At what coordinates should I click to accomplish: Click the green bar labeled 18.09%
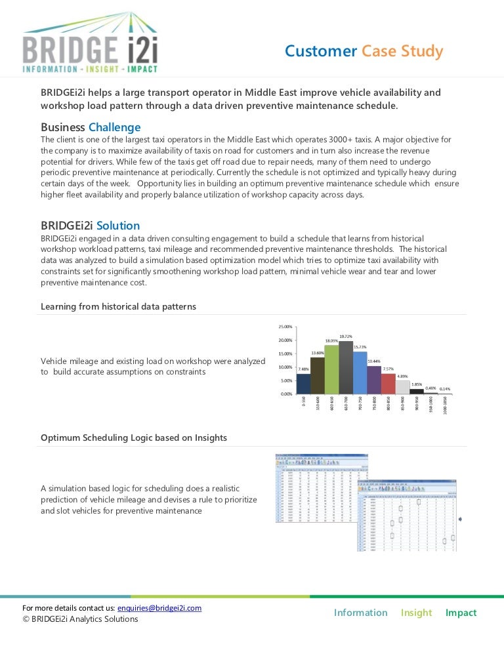[x=331, y=369]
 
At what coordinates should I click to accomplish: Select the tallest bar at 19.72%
[x=346, y=367]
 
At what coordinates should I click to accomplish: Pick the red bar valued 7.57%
[x=388, y=384]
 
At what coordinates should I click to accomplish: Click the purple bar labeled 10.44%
[x=374, y=380]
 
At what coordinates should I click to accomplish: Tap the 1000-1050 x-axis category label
[x=446, y=405]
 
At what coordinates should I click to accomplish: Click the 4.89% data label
[x=403, y=376]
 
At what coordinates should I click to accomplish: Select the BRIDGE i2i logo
[x=90, y=43]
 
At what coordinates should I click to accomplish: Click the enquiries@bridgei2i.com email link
[x=159, y=608]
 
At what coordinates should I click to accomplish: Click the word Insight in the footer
[x=416, y=613]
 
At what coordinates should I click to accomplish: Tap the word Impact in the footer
[x=461, y=613]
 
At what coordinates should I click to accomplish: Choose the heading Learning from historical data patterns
[x=118, y=306]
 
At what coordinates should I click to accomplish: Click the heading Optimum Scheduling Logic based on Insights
[x=134, y=437]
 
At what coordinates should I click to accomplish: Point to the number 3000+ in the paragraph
[x=357, y=140]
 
